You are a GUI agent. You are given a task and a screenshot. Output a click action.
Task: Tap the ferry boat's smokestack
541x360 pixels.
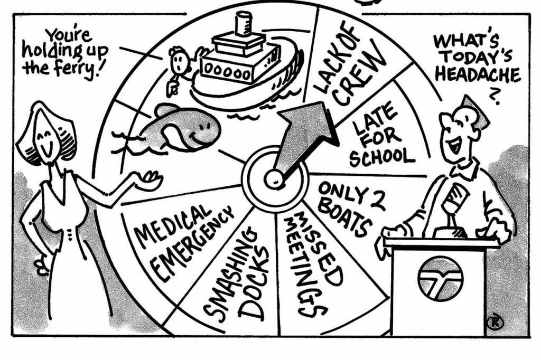[x=244, y=24]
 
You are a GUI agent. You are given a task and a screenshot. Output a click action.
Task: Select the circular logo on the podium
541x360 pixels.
[x=440, y=277]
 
